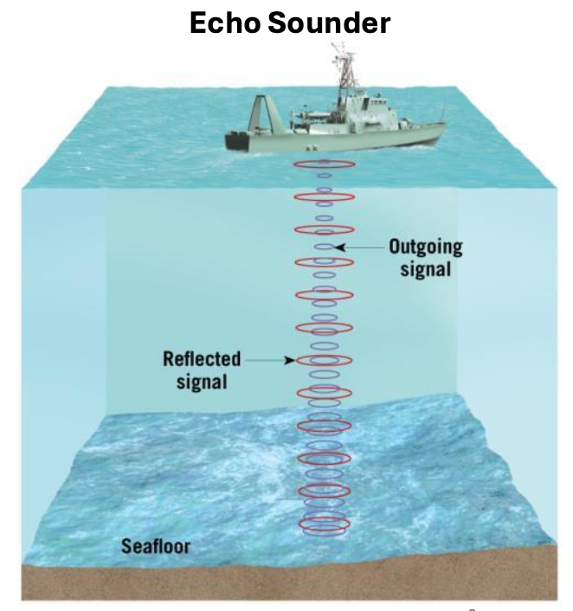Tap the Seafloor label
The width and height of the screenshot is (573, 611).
click(x=155, y=546)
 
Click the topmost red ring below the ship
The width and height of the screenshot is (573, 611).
click(x=324, y=164)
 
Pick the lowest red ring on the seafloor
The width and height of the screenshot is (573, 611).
click(x=324, y=524)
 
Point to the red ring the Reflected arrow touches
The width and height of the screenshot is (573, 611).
click(x=324, y=360)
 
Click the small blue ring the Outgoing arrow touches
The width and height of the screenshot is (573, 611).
click(x=324, y=248)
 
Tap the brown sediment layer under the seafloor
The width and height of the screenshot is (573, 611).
click(x=286, y=582)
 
